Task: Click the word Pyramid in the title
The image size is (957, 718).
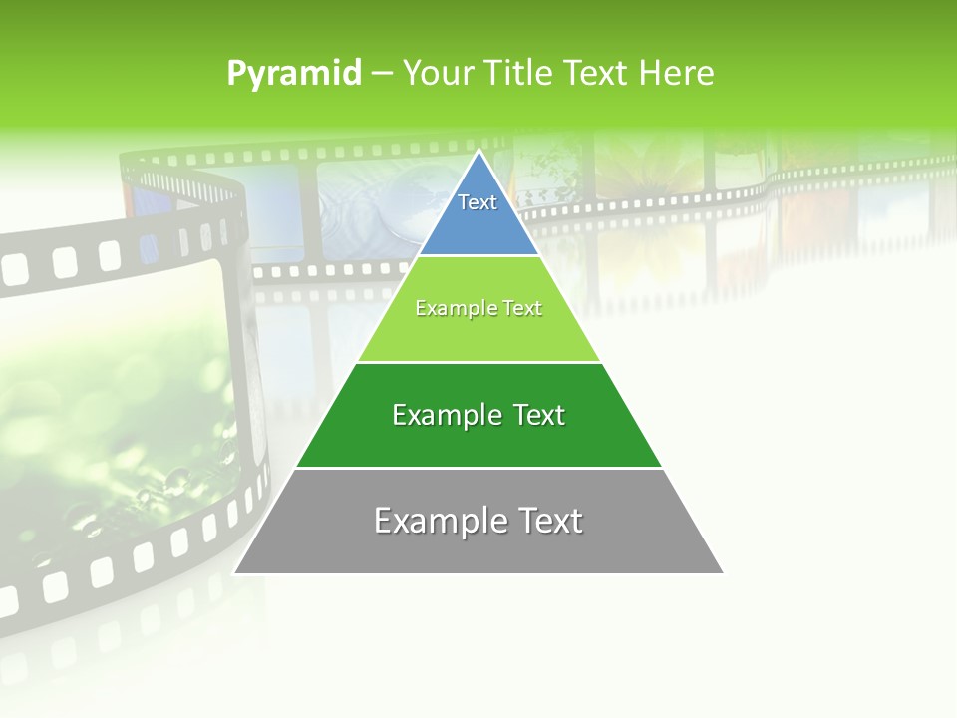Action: [x=294, y=73]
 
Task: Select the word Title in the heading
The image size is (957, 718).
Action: [x=521, y=73]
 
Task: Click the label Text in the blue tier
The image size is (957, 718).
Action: [x=478, y=202]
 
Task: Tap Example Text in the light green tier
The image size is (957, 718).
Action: [x=478, y=308]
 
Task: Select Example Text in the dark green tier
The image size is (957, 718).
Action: [x=478, y=415]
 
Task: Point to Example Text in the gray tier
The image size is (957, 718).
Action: [x=478, y=520]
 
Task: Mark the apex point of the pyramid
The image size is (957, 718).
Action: [x=478, y=153]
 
